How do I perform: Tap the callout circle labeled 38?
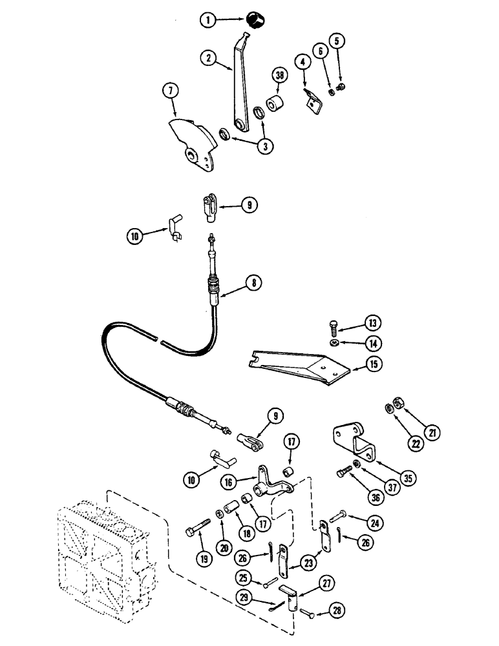pyautogui.click(x=279, y=76)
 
